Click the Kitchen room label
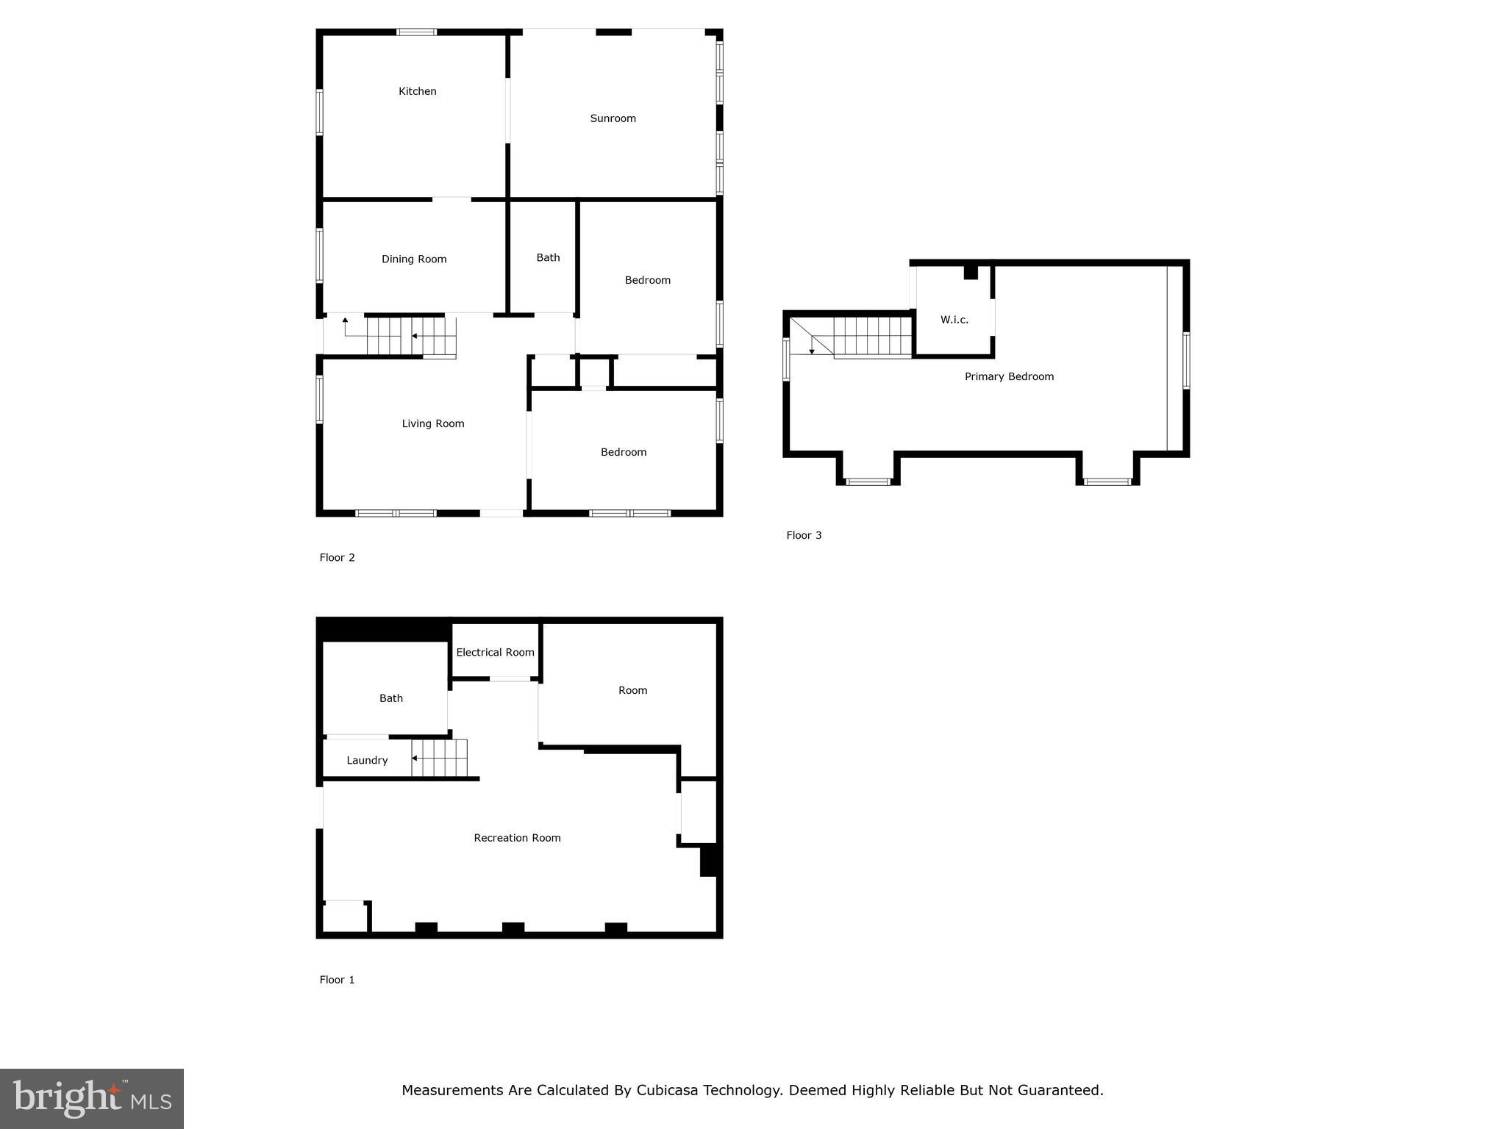(417, 91)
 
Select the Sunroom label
(613, 118)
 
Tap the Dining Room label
(414, 259)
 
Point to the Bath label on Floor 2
(548, 257)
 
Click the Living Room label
(432, 423)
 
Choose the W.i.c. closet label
(954, 320)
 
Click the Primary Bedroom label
(1009, 376)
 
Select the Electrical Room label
(495, 652)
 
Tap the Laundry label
(367, 760)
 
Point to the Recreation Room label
(517, 838)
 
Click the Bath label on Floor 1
(390, 698)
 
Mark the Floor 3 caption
(804, 535)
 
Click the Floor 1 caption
(337, 980)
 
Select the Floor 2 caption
(337, 557)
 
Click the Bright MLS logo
(92, 1098)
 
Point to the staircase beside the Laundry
(439, 758)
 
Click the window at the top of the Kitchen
(416, 32)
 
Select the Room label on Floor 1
(632, 690)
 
